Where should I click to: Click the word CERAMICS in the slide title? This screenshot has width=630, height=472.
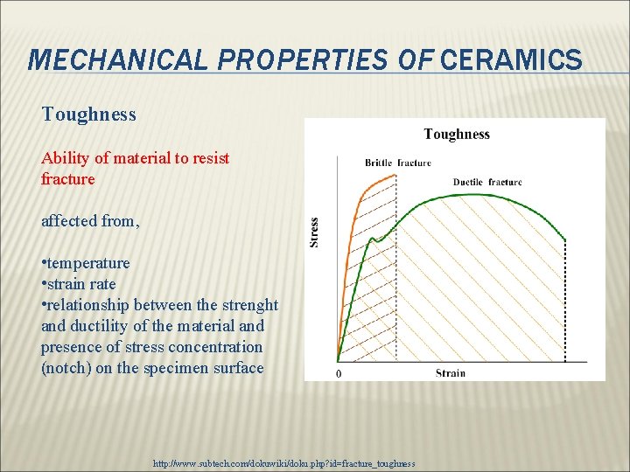pos(511,59)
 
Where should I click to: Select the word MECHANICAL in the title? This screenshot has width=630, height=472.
pos(118,59)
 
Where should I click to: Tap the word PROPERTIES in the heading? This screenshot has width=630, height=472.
pos(303,59)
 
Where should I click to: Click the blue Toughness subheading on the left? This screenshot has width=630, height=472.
pos(88,115)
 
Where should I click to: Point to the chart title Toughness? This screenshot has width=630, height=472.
pos(457,134)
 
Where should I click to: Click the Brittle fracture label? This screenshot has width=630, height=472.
pos(398,163)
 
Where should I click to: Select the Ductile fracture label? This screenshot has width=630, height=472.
pos(487,182)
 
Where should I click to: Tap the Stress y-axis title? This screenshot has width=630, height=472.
pos(314,233)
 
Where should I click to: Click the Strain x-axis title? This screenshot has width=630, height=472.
pos(451,373)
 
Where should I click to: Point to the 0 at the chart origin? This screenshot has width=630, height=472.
pos(339,374)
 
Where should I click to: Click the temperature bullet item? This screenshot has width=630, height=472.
pos(86,263)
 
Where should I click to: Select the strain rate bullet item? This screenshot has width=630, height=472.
pos(79,284)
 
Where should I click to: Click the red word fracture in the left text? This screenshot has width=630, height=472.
pos(68,178)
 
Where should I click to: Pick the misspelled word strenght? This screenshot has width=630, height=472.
pos(250,305)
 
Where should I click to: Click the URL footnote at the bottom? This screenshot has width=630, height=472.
pos(284,463)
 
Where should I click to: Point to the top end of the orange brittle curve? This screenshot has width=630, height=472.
pos(395,175)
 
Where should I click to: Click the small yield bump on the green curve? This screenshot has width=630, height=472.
pos(373,239)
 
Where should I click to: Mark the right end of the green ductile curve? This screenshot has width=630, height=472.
pos(565,240)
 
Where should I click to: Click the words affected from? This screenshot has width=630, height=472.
pos(90,221)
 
